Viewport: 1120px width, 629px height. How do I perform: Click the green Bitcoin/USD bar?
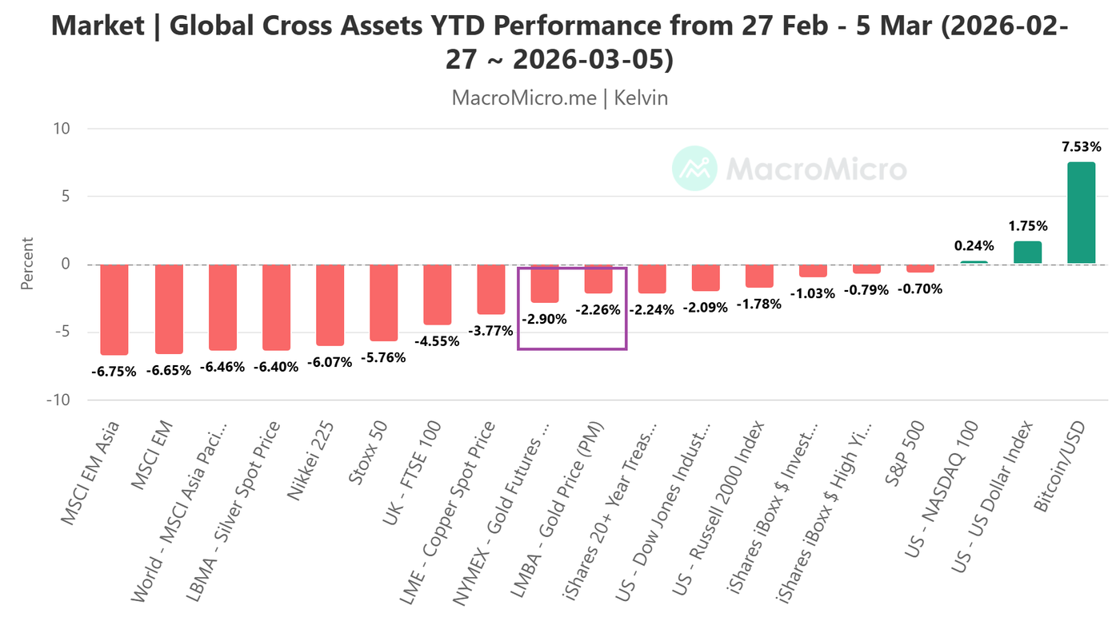pyautogui.click(x=1081, y=213)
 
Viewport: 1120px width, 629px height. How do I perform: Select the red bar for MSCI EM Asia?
pyautogui.click(x=114, y=309)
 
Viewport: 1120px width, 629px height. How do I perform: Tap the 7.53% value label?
pyautogui.click(x=1081, y=147)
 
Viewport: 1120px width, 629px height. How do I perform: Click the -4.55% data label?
pyautogui.click(x=437, y=341)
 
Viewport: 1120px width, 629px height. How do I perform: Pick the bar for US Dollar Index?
pyautogui.click(x=1027, y=253)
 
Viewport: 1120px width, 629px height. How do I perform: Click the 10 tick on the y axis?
pyautogui.click(x=62, y=129)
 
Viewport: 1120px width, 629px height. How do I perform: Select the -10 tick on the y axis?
pyautogui.click(x=58, y=400)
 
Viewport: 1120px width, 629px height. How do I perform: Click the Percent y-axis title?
pyautogui.click(x=27, y=264)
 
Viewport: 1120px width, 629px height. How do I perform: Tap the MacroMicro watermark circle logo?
pyautogui.click(x=694, y=169)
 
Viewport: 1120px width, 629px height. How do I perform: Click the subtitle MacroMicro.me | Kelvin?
pyautogui.click(x=559, y=98)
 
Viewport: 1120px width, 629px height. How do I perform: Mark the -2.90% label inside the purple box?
pyautogui.click(x=544, y=319)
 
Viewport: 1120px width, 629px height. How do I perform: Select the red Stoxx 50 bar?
pyautogui.click(x=383, y=303)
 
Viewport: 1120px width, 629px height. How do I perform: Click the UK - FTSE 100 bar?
pyautogui.click(x=437, y=295)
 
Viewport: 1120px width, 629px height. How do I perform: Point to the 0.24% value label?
pyautogui.click(x=974, y=246)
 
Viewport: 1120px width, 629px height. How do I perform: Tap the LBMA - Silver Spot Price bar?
pyautogui.click(x=276, y=307)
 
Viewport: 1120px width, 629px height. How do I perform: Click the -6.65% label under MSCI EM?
pyautogui.click(x=167, y=370)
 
